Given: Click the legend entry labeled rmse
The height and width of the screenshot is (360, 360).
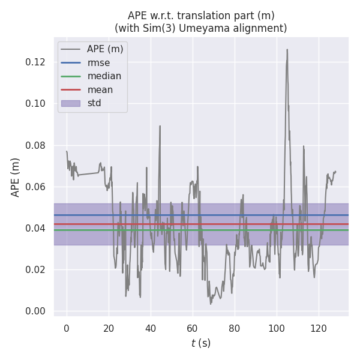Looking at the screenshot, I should click(x=98, y=62).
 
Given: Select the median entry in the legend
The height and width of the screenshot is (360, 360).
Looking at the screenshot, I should click(x=104, y=76).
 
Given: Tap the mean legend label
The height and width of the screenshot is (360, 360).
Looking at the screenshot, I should click(x=100, y=90).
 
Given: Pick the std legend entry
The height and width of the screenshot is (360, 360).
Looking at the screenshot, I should click(x=94, y=103).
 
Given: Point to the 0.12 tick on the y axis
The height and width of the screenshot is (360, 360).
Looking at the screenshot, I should click(x=35, y=62).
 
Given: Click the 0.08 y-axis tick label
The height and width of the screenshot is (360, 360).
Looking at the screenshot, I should click(x=35, y=145).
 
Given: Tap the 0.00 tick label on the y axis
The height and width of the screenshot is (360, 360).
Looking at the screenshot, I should click(x=35, y=311).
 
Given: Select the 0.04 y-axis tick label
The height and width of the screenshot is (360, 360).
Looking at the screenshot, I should click(x=35, y=228).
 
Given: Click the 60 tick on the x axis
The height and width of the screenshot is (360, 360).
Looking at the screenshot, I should click(x=193, y=328).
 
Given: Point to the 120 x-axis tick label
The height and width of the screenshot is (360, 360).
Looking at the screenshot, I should click(x=319, y=328).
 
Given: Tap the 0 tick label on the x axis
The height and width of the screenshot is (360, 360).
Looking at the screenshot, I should click(x=67, y=328).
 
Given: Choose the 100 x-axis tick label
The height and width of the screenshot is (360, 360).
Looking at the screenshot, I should click(x=277, y=328).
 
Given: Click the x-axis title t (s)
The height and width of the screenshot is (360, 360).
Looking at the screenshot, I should click(x=201, y=343).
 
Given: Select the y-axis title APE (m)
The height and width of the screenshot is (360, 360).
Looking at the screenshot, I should click(x=16, y=177).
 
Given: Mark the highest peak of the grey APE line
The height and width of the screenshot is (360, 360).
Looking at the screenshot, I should click(x=287, y=49).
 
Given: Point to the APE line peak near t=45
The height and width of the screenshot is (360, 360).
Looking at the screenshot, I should click(x=160, y=125).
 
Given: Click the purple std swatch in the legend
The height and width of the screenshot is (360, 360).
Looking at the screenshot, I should click(x=70, y=103).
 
